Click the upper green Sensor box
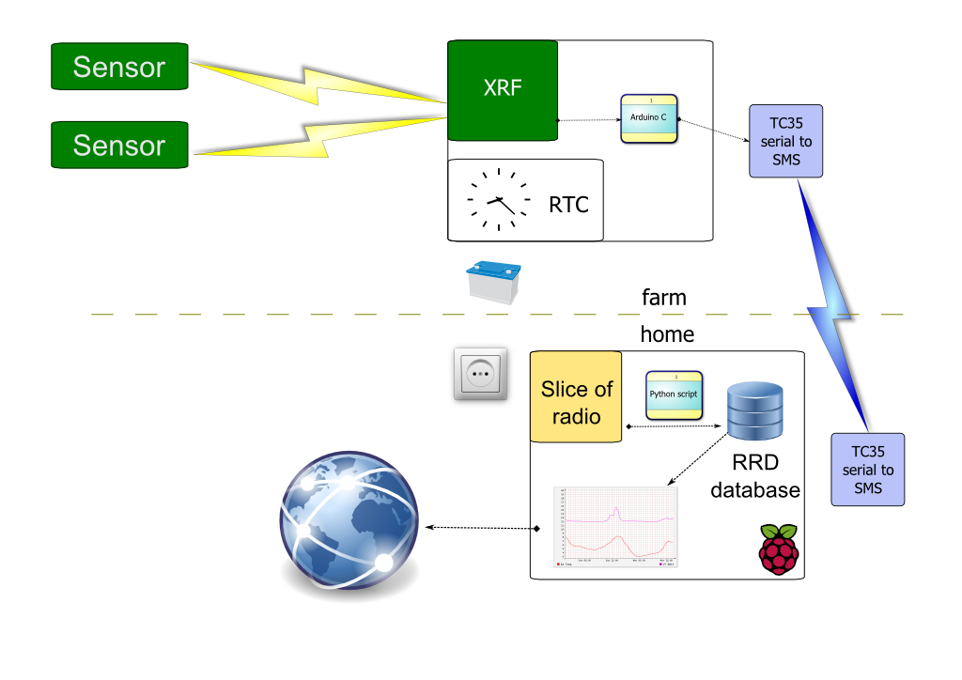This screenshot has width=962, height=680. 119,67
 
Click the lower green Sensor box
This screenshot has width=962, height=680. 119,146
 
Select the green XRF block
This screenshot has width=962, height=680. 503,90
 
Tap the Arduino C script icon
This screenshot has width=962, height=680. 649,118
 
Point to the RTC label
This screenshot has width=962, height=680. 568,204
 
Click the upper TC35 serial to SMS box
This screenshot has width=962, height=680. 786,141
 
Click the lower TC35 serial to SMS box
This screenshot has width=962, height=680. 868,470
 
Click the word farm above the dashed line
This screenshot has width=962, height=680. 663,298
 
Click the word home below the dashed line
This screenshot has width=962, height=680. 667,334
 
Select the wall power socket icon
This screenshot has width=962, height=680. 481,375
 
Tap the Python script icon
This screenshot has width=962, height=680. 674,395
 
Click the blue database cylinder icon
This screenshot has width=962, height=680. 756,411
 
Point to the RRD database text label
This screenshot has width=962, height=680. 755,476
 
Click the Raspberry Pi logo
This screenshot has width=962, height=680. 778,549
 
